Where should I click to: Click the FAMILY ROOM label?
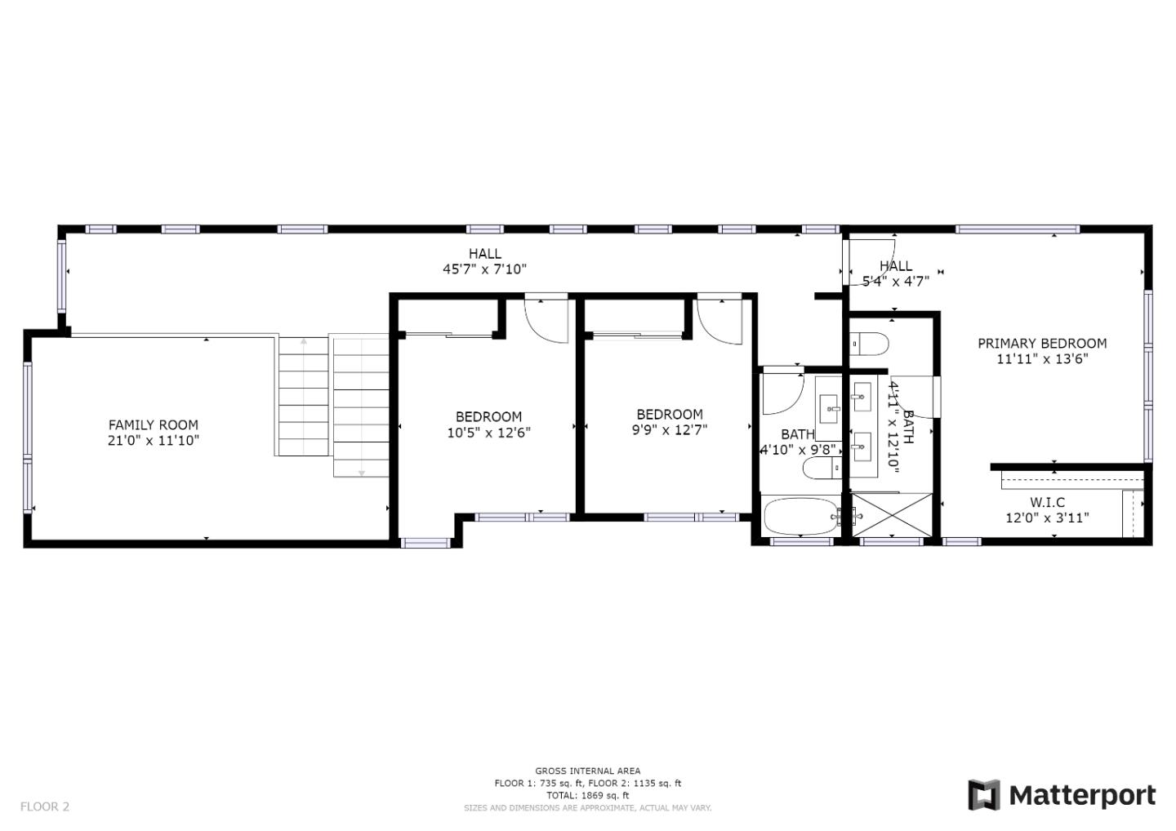154,425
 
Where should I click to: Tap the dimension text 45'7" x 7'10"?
484,269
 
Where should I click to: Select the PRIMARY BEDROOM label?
1042,344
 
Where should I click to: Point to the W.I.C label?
1047,502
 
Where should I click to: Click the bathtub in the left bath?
801,516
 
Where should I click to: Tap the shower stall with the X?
892,514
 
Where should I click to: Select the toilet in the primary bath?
869,344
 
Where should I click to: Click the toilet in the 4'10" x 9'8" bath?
822,468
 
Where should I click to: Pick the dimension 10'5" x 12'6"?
488,433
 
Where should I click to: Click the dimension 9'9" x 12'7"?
670,430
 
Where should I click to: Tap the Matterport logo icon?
984,795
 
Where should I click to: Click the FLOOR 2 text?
45,807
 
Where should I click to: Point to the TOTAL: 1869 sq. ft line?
587,795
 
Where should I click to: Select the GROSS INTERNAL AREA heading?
587,771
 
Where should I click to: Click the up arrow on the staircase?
304,341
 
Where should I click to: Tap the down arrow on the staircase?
361,473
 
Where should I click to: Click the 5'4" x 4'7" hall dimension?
896,282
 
